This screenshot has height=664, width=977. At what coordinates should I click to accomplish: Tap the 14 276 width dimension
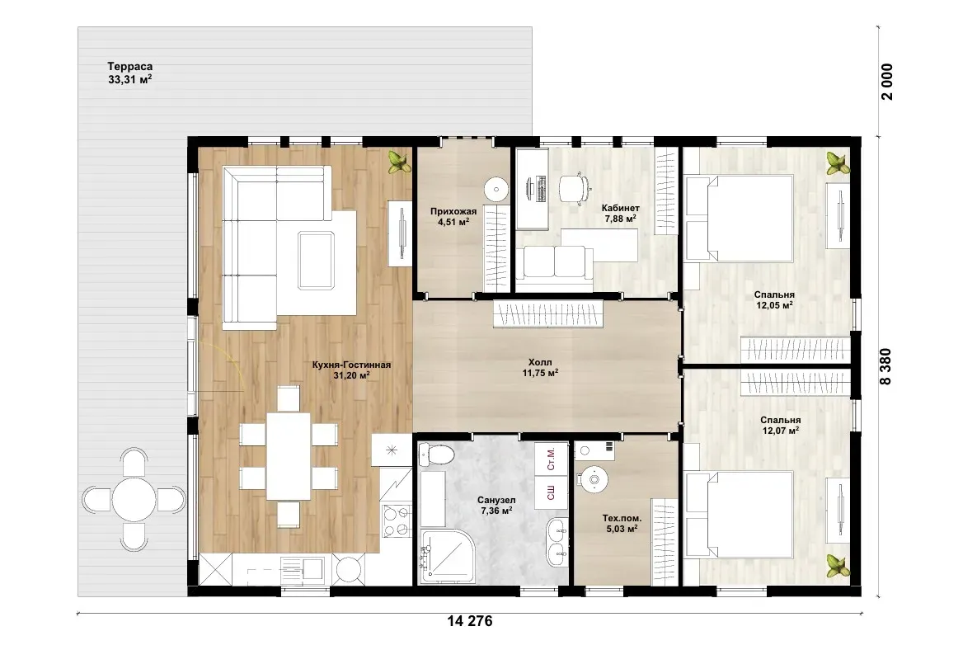[470, 621]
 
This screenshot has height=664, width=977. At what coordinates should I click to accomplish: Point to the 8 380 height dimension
[885, 366]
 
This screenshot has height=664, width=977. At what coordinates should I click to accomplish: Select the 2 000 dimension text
[886, 82]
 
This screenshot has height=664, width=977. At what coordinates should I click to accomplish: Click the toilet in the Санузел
[435, 454]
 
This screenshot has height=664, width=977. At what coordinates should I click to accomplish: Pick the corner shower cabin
[448, 556]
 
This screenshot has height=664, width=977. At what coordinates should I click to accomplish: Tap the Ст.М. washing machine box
[552, 459]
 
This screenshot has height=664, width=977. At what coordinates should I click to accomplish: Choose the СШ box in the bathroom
[552, 492]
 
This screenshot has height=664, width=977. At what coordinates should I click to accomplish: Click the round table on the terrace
[134, 499]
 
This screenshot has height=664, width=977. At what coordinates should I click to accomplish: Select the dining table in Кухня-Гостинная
[289, 456]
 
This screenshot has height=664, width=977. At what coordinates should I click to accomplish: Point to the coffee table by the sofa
[317, 260]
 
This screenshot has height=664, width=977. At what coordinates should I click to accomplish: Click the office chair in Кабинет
[574, 188]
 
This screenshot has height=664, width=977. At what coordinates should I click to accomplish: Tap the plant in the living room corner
[399, 162]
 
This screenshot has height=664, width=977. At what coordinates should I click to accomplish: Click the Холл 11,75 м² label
[539, 368]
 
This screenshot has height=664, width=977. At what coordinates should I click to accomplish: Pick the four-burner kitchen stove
[397, 521]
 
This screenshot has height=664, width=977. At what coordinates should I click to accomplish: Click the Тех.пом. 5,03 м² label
[621, 523]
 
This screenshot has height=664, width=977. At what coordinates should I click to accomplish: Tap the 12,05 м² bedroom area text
[774, 305]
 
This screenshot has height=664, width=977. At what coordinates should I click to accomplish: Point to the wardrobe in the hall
[548, 313]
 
